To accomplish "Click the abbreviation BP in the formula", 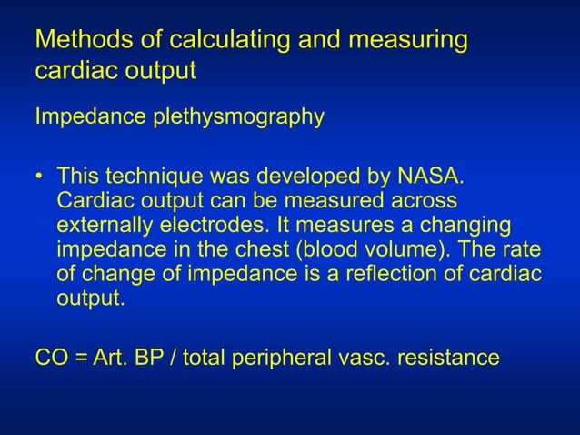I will point(148,357).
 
